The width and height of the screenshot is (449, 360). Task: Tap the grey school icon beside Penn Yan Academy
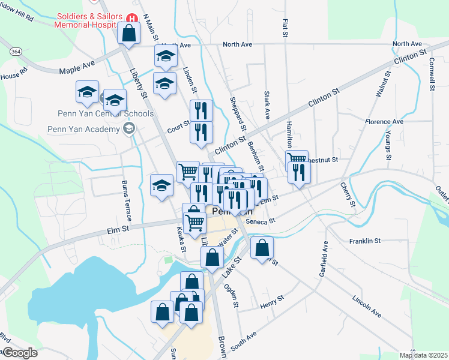click(128, 128)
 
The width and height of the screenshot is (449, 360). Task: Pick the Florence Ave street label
click(384, 121)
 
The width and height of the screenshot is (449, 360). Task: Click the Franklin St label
click(365, 241)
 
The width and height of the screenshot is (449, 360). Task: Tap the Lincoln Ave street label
click(367, 305)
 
